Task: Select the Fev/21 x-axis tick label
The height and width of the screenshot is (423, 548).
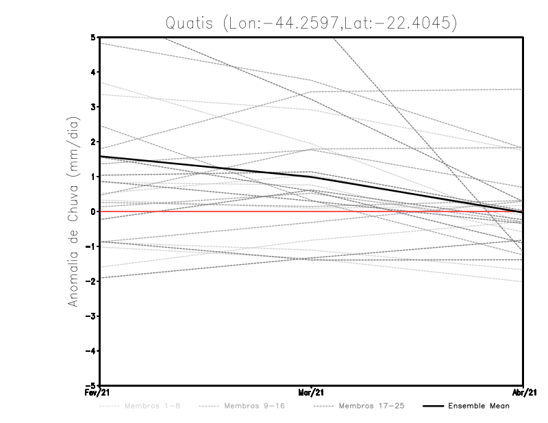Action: pos(91,393)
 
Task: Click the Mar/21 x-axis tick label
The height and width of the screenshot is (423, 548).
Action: pos(312,393)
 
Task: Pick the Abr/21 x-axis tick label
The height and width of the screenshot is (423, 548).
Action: pos(524,393)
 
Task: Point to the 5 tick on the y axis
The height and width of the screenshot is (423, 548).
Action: pos(93,37)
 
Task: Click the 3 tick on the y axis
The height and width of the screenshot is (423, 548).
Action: pos(93,107)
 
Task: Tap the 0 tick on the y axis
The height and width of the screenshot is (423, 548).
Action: pos(93,211)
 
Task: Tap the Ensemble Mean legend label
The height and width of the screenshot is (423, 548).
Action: pos(479,406)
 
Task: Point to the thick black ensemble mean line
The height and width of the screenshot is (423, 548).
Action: pos(206,167)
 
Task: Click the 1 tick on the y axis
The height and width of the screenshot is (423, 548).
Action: pos(93,177)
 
